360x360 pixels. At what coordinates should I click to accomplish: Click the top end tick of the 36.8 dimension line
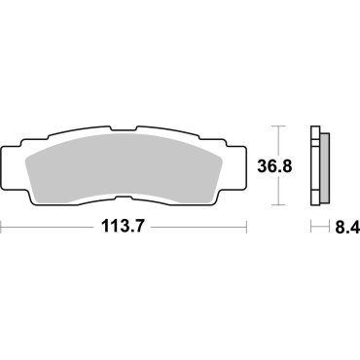pyautogui.click(x=280, y=126)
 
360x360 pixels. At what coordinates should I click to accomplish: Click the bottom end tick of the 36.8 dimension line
pyautogui.click(x=280, y=205)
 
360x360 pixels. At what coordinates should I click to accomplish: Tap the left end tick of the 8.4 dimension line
pyautogui.click(x=311, y=230)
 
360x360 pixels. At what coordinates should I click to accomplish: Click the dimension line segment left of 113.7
pyautogui.click(x=49, y=230)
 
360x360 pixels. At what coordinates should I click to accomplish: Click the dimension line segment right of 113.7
pyautogui.click(x=204, y=230)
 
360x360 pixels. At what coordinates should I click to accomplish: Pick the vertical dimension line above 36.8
pyautogui.click(x=280, y=142)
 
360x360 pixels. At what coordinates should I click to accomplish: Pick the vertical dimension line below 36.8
pyautogui.click(x=280, y=192)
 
